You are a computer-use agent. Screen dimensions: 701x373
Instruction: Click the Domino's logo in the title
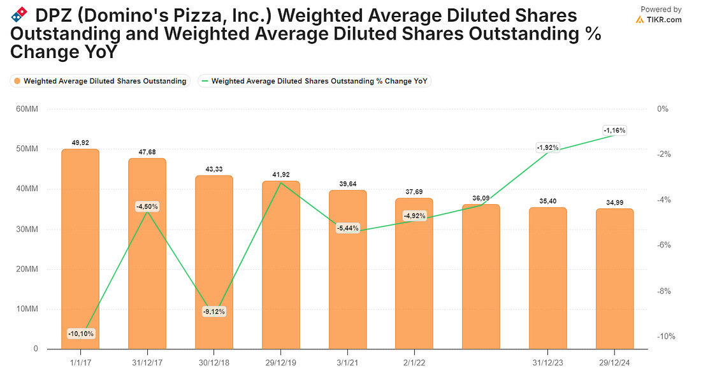(18, 15)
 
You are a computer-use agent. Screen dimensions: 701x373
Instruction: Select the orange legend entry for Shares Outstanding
(101, 81)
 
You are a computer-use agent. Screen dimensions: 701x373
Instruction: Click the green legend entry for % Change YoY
(315, 81)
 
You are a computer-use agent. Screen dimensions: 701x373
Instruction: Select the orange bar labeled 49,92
(80, 249)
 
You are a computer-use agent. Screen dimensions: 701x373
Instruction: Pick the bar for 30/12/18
(214, 262)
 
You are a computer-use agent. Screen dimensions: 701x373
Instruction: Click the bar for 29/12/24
(615, 279)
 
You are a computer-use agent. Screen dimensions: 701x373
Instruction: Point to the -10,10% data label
(81, 333)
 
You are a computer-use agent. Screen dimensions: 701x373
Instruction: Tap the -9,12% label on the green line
(214, 311)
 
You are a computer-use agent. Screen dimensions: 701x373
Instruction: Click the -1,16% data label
(615, 131)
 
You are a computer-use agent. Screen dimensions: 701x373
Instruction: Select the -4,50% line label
(148, 207)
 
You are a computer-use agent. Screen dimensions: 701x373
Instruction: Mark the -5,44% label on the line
(348, 228)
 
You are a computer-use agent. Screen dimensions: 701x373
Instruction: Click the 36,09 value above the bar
(481, 198)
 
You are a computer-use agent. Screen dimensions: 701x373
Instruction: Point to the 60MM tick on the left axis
(27, 109)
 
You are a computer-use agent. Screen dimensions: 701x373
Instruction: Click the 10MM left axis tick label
(27, 309)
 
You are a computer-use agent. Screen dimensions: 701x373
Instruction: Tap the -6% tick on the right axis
(664, 245)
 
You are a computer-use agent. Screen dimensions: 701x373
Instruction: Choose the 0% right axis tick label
(663, 109)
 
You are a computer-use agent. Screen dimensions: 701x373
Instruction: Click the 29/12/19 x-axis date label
(281, 363)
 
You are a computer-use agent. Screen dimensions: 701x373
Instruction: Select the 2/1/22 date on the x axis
(414, 363)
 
